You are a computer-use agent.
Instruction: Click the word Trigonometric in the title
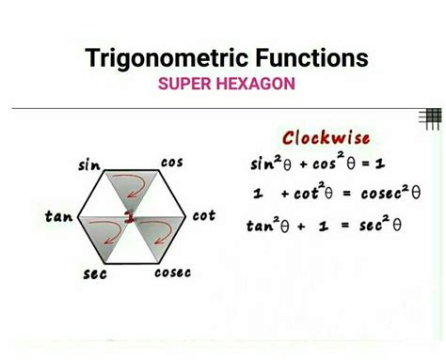tap(159, 59)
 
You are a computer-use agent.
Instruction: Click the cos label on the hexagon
tap(171, 162)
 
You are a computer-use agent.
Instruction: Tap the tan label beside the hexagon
tap(58, 216)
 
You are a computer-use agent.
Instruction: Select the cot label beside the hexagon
tap(203, 215)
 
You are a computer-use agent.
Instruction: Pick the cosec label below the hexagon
tap(172, 273)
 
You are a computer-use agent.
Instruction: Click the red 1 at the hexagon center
tap(130, 218)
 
